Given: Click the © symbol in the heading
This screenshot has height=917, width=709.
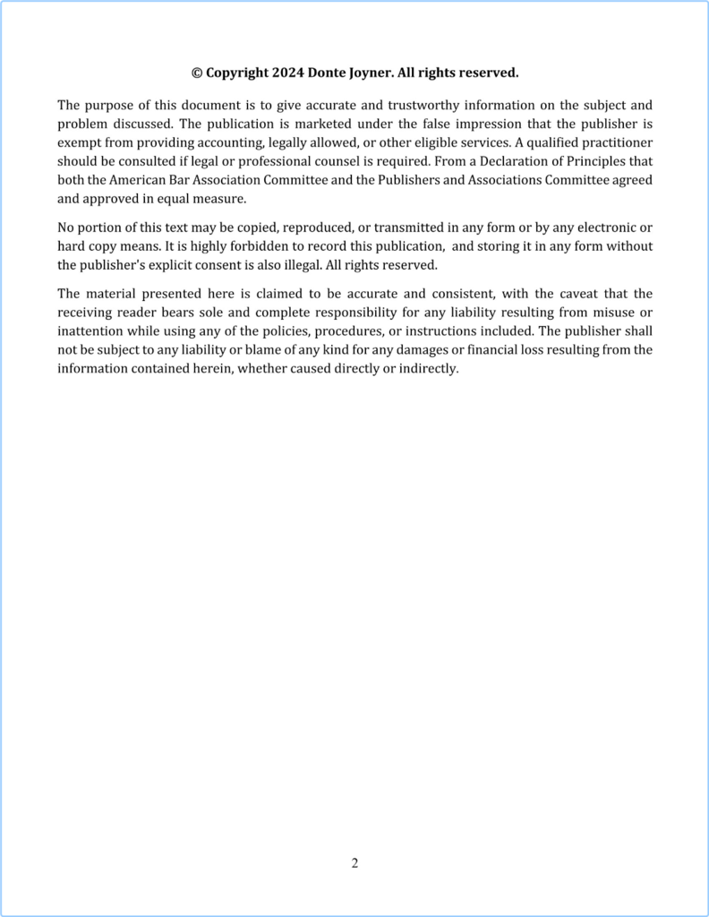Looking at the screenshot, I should click(197, 73).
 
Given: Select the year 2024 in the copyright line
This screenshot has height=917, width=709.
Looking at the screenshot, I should click(283, 73).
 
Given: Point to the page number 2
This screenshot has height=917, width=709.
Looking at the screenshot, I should click(354, 863).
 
